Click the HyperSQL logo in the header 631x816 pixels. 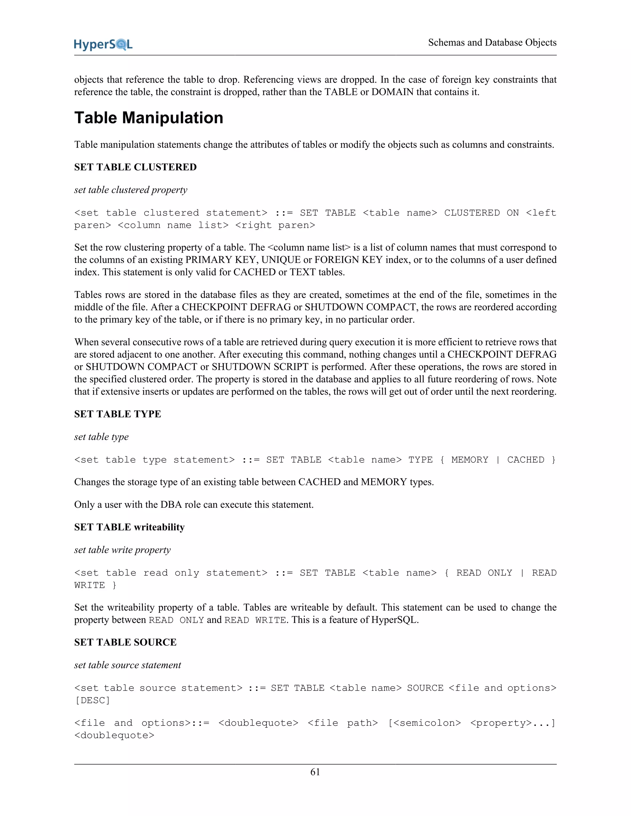click(x=103, y=44)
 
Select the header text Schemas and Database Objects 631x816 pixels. click(x=492, y=42)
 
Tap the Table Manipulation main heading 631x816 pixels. click(x=149, y=118)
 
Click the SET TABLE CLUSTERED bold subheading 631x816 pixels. click(x=135, y=167)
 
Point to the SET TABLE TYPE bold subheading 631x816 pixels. click(x=117, y=414)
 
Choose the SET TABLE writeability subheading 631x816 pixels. click(x=129, y=527)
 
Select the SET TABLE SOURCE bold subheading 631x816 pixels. click(x=125, y=642)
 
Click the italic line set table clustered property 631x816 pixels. click(x=130, y=190)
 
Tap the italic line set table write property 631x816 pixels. click(x=122, y=550)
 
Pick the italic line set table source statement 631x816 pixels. click(x=128, y=665)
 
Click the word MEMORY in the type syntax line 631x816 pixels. click(x=470, y=459)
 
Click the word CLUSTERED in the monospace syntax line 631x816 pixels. click(x=472, y=213)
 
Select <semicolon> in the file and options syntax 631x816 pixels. click(x=425, y=723)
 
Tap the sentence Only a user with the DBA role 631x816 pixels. click(x=193, y=505)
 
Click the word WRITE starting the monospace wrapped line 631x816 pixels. click(x=89, y=585)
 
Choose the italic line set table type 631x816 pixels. click(x=101, y=437)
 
